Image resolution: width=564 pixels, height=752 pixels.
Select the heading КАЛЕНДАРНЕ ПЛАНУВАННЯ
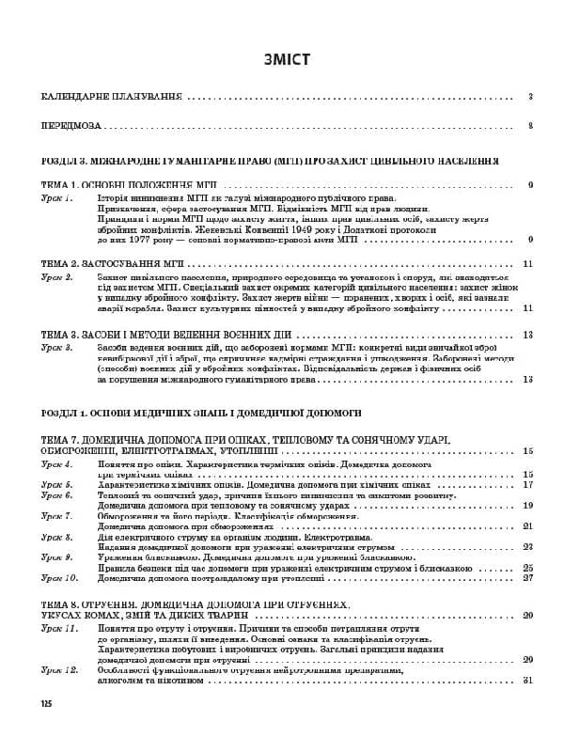[x=112, y=97]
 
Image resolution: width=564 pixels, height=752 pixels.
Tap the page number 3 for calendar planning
[x=530, y=97]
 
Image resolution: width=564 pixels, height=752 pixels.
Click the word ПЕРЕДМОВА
[x=71, y=125]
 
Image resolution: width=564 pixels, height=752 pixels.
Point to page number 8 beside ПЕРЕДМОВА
[x=530, y=125]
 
